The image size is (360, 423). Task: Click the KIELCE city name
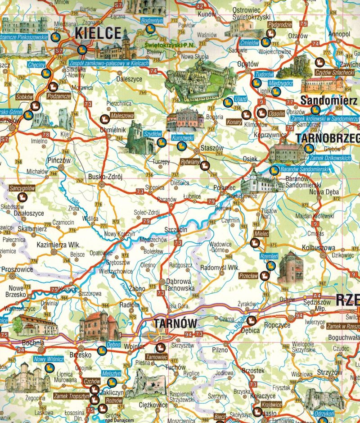click(x=98, y=33)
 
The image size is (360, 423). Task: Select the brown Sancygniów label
click(x=22, y=188)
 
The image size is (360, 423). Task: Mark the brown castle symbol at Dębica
click(x=252, y=321)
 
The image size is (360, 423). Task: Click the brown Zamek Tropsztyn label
click(x=70, y=396)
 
